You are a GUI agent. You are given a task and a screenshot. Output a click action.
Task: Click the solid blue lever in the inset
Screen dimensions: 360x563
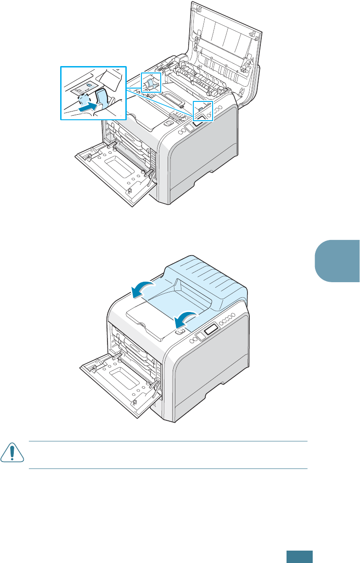[x=101, y=98]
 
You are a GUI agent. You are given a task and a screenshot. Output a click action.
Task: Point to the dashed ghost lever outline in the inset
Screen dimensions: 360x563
[x=84, y=100]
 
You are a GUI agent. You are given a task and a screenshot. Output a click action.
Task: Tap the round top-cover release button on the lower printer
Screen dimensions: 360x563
[x=180, y=331]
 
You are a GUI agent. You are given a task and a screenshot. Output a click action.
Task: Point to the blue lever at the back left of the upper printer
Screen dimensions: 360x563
[x=151, y=83]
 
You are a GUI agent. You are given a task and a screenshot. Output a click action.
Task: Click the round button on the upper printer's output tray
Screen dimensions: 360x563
[x=169, y=123]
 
